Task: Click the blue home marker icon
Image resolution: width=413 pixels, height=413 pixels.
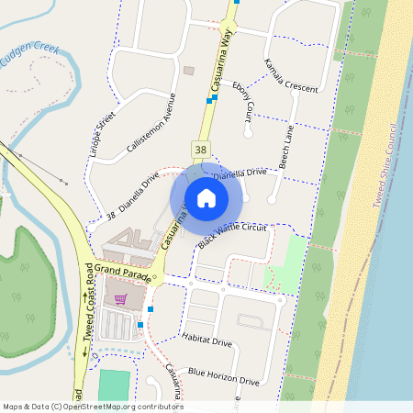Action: pos(206,197)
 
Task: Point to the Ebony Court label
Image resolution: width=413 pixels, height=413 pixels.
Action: pos(243,103)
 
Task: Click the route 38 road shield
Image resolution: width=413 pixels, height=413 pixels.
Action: pos(201,148)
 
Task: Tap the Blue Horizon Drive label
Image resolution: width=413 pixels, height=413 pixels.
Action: pos(224,375)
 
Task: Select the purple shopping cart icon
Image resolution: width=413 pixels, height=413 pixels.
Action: pos(119,298)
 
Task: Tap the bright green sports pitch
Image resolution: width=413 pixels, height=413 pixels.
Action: pos(114,385)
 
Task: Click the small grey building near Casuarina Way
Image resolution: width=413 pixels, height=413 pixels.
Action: pos(189,71)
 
